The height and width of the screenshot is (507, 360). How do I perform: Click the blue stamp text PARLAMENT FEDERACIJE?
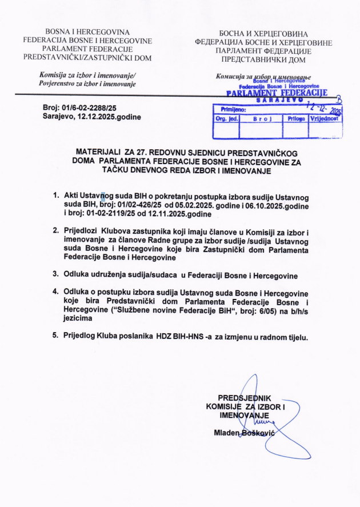[x=277, y=93]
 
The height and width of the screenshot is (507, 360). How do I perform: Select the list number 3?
[x=56, y=276]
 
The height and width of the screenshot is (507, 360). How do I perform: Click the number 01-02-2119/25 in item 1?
[x=111, y=214]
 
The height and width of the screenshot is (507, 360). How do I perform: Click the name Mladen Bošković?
[x=244, y=433]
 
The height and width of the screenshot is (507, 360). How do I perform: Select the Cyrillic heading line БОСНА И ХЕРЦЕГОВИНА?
[x=263, y=34]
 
